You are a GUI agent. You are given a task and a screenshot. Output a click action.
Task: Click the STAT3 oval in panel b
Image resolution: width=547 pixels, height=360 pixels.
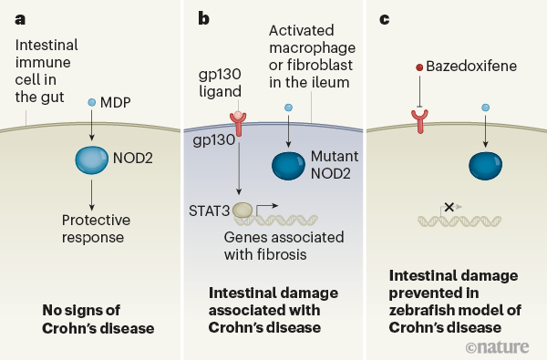(244, 211)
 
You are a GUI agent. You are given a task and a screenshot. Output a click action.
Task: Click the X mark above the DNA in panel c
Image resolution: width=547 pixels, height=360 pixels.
(449, 208)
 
